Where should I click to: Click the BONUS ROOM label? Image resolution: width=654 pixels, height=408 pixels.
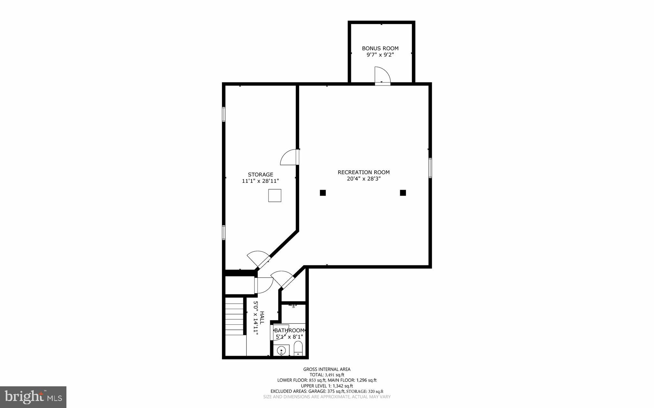coord(380,48)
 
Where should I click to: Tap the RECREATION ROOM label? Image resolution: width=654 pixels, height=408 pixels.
coord(364,172)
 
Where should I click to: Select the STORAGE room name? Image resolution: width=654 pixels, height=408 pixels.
coord(261,174)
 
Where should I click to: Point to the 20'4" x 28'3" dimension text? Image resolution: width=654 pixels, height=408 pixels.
coord(364,179)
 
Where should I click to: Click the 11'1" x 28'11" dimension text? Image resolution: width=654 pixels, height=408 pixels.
coord(261,181)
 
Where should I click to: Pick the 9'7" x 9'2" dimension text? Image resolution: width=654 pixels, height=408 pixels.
coord(380,55)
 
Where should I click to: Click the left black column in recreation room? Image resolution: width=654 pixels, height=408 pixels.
coord(323,193)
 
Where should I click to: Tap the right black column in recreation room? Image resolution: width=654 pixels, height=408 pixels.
coord(403,193)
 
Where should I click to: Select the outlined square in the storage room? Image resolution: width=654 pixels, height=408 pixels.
coord(275,196)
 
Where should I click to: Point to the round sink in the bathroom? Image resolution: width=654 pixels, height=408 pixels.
coord(281,350)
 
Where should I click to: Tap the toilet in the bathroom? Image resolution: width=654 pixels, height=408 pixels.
coord(298,349)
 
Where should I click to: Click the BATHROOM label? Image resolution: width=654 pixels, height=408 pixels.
coord(289,330)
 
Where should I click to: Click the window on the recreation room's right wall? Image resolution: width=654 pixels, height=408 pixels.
coord(430,168)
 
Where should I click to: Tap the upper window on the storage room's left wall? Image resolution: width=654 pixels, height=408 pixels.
coord(224,114)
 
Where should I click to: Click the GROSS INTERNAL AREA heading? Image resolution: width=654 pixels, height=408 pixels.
coord(327,369)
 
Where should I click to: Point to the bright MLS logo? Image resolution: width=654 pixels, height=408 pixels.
coord(33,397)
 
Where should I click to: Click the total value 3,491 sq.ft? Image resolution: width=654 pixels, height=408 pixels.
coord(334,375)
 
